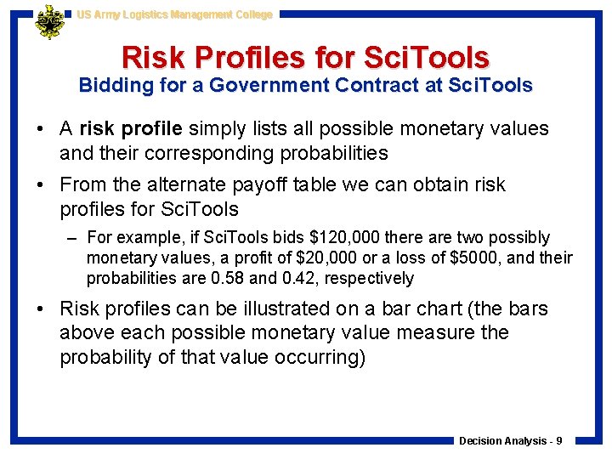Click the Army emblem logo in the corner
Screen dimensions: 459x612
tap(49, 22)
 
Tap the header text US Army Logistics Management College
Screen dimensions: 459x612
tap(174, 14)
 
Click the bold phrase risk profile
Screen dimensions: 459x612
tap(131, 129)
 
